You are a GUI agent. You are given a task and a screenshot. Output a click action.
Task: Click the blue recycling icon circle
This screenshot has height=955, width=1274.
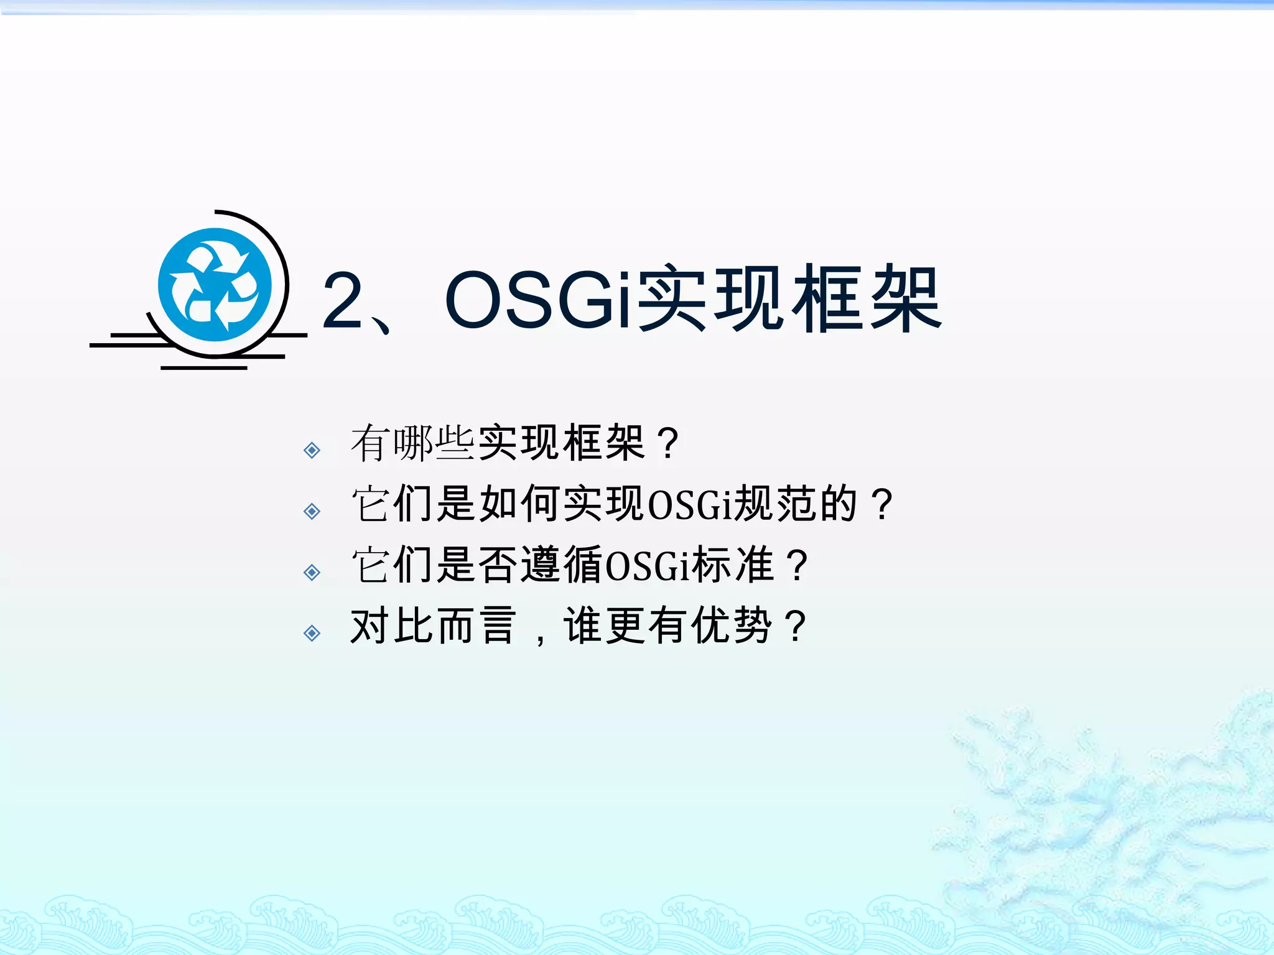tap(215, 285)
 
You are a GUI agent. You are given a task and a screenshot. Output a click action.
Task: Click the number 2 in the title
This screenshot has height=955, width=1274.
tap(343, 300)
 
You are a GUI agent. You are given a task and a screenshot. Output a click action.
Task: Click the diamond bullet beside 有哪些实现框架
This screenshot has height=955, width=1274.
tap(312, 450)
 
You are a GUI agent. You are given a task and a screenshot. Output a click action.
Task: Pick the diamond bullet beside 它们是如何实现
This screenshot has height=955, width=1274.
tap(312, 511)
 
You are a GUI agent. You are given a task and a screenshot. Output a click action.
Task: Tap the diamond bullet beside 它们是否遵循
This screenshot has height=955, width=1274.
tap(312, 572)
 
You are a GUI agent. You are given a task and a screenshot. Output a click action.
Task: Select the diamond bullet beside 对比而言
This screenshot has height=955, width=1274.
tap(312, 633)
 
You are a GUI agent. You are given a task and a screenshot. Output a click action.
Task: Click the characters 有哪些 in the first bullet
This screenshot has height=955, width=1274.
tap(413, 443)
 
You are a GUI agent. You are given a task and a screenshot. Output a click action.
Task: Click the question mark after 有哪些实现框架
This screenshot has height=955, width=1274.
tap(669, 443)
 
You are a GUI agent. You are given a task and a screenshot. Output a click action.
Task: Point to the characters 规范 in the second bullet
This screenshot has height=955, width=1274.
tap(774, 504)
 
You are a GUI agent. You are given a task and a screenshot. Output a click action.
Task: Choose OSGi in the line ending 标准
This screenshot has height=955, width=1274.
tap(647, 565)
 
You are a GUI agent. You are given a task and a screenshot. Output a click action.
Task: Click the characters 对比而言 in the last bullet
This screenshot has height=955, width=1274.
tap(434, 626)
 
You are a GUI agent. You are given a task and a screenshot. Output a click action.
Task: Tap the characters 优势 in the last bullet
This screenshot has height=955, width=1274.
tap(732, 626)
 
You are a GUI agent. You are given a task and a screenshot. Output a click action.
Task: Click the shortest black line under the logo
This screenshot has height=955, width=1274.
tap(204, 368)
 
